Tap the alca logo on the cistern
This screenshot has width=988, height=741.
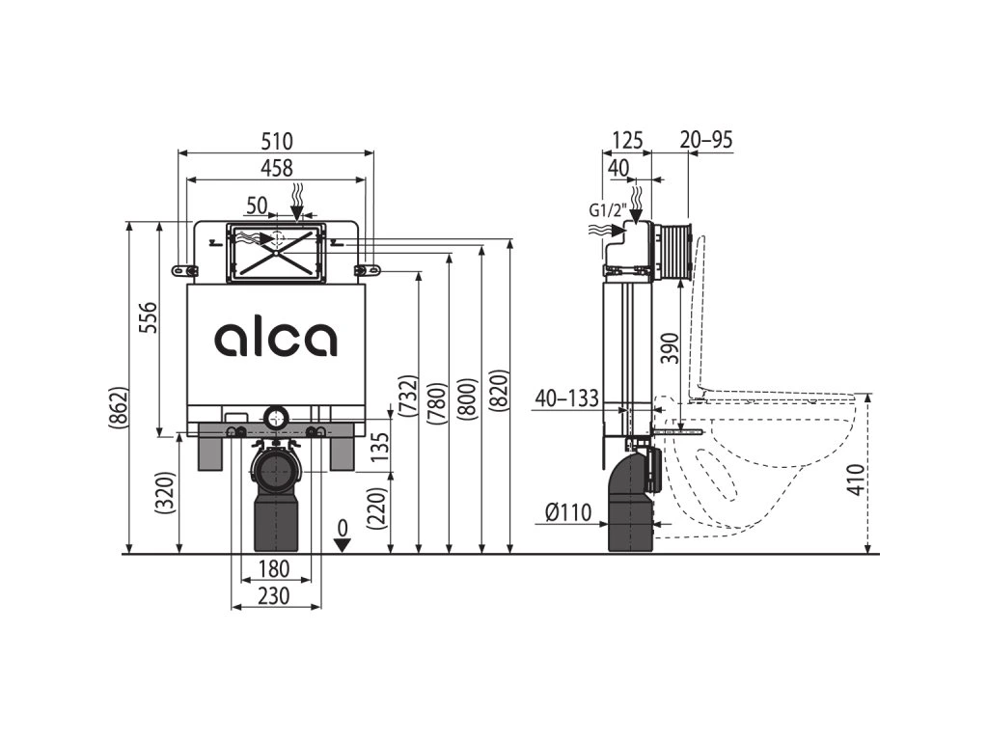[276, 339]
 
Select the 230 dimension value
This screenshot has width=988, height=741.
[275, 596]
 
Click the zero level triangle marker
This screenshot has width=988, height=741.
[342, 542]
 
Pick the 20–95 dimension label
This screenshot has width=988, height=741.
[705, 140]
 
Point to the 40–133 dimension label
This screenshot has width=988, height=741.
[567, 398]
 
